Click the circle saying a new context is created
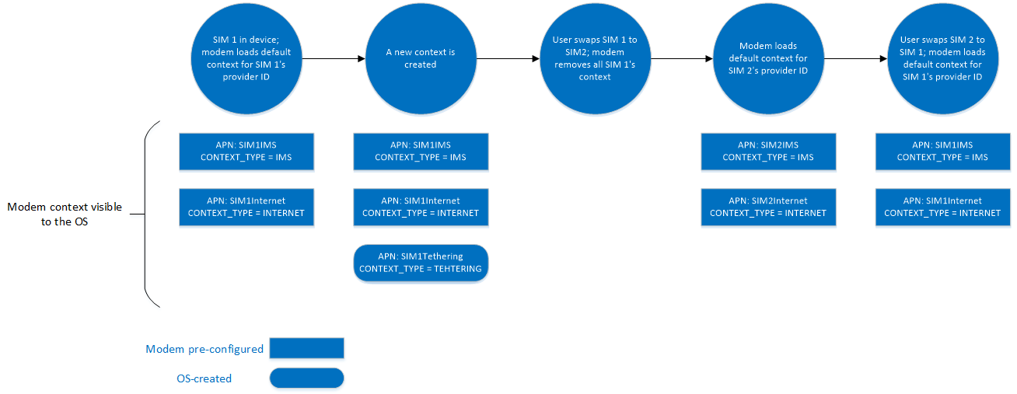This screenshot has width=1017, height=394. (421, 58)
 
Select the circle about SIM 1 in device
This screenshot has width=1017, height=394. (246, 58)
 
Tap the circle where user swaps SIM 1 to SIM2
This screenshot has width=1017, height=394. (595, 58)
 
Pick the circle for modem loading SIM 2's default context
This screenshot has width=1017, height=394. (768, 58)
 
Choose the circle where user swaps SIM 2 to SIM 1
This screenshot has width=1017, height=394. (942, 58)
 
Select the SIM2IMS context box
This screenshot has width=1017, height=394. (768, 151)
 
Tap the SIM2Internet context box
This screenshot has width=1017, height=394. (768, 207)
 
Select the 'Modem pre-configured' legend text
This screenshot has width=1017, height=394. (204, 349)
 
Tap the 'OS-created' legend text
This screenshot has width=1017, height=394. (204, 378)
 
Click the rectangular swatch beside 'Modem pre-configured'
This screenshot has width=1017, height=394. (306, 348)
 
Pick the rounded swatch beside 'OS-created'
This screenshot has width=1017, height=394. (306, 378)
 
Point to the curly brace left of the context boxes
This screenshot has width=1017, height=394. (149, 214)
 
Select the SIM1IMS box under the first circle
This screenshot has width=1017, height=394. (246, 151)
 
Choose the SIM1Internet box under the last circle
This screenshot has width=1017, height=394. (942, 207)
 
